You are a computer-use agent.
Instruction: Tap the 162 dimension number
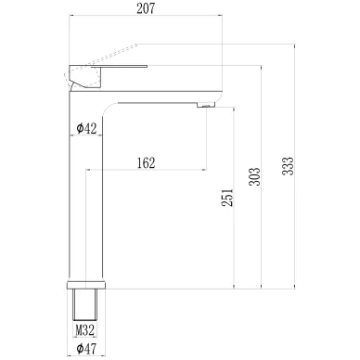pyautogui.click(x=145, y=162)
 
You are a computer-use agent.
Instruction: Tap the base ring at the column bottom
pyautogui.click(x=85, y=281)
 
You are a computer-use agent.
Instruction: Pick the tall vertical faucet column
pyautogui.click(x=85, y=204)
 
